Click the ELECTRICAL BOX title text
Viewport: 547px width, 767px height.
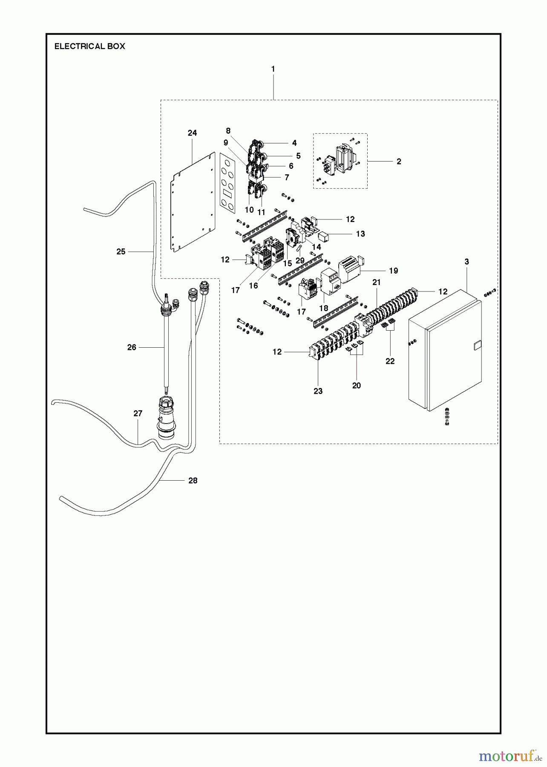point(89,46)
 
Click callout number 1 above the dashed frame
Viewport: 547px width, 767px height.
point(273,69)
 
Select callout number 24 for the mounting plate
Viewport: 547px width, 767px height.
point(192,133)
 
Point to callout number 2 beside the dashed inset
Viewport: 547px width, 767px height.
point(398,161)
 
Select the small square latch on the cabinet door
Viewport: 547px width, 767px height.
point(477,346)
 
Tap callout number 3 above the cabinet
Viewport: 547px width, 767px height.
point(466,262)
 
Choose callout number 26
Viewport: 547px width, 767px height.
point(132,347)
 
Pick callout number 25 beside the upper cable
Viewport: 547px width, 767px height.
point(121,252)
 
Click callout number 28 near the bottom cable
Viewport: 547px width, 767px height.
point(193,481)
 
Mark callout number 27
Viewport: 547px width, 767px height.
point(138,413)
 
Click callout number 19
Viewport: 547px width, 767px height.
point(393,271)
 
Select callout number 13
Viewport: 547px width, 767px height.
point(360,234)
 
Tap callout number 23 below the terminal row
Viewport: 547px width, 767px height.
point(318,391)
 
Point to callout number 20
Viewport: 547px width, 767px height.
point(357,386)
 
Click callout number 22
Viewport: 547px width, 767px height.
point(390,361)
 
